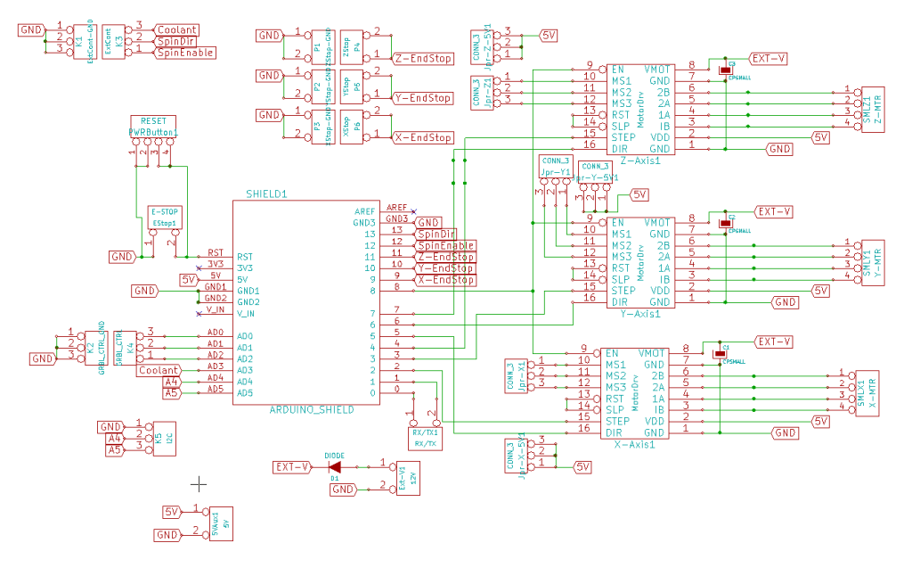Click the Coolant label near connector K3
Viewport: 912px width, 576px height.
[176, 29]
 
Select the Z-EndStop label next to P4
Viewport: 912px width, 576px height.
[422, 59]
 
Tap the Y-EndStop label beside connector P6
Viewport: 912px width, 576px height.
[422, 98]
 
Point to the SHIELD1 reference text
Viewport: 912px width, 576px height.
[267, 193]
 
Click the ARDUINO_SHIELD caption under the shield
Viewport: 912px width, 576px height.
[312, 409]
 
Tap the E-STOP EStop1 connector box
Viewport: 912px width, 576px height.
[165, 217]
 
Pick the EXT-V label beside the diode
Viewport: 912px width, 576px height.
[292, 466]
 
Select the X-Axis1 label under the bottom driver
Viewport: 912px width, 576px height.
[635, 443]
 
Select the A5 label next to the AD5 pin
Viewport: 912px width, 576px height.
[172, 392]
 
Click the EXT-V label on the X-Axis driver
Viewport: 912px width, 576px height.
[773, 341]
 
